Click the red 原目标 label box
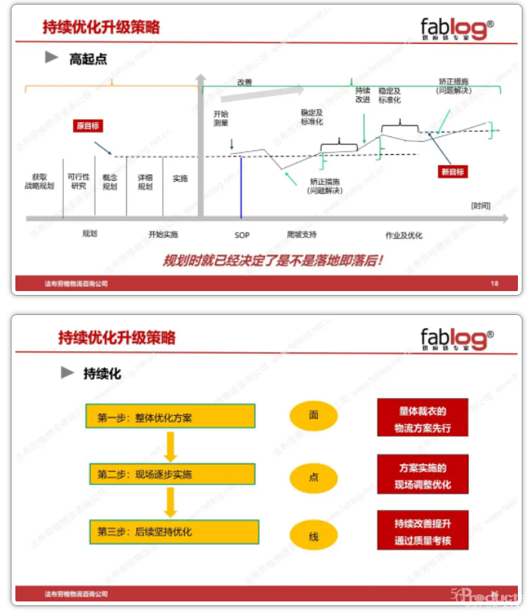(x=88, y=126)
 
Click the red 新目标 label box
(x=453, y=172)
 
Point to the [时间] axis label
(x=481, y=206)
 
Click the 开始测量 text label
(x=220, y=118)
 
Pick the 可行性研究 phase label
(x=78, y=182)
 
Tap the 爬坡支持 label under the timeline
(x=302, y=234)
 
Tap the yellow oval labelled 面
(x=314, y=415)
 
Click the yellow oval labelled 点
(x=314, y=477)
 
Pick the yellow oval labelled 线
(x=314, y=536)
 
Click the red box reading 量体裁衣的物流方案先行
(x=422, y=418)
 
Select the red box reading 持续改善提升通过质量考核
(x=422, y=531)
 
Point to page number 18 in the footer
(x=494, y=283)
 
